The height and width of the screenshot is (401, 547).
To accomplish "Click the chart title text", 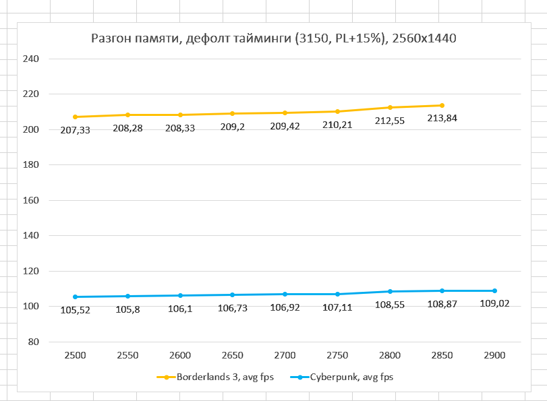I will [x=274, y=38].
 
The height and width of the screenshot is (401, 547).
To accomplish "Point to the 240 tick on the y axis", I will [x=32, y=59].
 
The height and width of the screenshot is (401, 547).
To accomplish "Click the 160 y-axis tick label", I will [x=32, y=200].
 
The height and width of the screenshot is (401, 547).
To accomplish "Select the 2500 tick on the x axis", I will [x=75, y=355].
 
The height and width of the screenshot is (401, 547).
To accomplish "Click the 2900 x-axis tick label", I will [x=494, y=355].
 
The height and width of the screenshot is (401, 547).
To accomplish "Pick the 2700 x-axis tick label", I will [x=285, y=355].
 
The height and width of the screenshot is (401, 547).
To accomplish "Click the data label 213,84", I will [x=442, y=119].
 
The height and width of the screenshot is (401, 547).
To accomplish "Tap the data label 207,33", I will [x=75, y=130].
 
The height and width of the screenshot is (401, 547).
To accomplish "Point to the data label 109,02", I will [x=494, y=304].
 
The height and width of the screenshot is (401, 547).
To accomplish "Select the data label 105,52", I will [x=75, y=310].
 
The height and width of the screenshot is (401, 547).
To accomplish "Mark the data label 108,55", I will [x=389, y=305].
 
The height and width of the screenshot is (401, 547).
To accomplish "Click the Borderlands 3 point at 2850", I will [x=442, y=105].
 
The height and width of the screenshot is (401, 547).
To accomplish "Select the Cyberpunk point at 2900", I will [x=494, y=290].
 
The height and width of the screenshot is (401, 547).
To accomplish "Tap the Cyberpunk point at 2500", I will [x=75, y=297].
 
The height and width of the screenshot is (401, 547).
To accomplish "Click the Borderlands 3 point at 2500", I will [x=75, y=117].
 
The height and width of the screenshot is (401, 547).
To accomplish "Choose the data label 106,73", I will [x=232, y=308].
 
